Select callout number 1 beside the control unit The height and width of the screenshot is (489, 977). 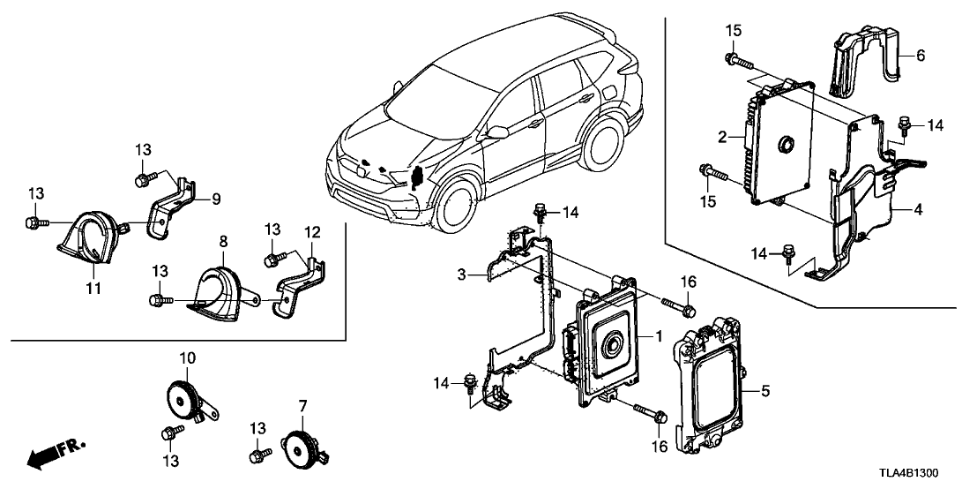(657, 337)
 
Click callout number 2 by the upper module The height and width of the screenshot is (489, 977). (721, 138)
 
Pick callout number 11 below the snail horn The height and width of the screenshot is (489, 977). (93, 288)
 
